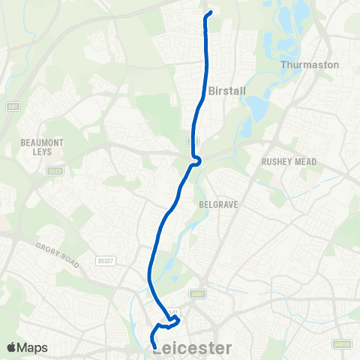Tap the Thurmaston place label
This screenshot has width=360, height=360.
pyautogui.click(x=310, y=64)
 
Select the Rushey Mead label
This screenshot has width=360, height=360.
pyautogui.click(x=289, y=162)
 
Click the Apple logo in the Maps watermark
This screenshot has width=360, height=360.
pyautogui.click(x=12, y=347)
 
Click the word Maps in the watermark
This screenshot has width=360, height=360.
pyautogui.click(x=33, y=347)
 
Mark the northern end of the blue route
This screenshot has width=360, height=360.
pyautogui.click(x=209, y=12)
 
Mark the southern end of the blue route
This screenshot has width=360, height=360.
pyautogui.click(x=154, y=346)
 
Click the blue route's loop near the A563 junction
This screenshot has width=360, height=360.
pyautogui.click(x=196, y=160)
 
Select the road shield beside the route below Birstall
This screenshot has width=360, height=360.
pyautogui.click(x=192, y=141)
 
